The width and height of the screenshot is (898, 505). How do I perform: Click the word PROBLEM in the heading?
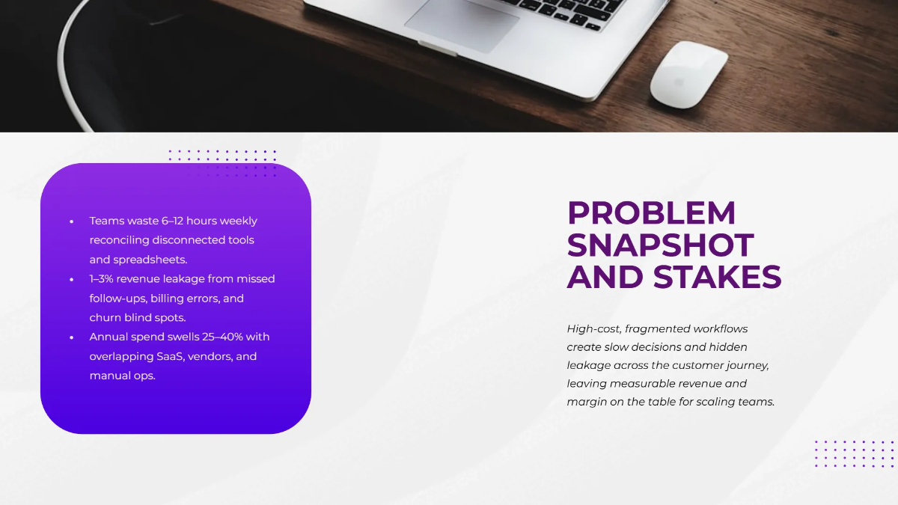pos(651,213)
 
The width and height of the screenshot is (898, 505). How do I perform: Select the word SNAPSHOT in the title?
pos(660,245)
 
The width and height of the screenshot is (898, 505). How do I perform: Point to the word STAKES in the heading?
pos(718,278)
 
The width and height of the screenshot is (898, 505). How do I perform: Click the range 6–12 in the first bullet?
pos(172,221)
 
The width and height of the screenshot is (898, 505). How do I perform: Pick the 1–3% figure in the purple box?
pos(103,279)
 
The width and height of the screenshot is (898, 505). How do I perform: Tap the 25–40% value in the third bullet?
pos(224,337)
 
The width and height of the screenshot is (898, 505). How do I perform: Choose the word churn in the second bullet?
pos(106,317)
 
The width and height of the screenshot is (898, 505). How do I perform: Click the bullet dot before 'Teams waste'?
pos(72,221)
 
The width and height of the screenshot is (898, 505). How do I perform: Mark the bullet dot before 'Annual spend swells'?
pos(72,337)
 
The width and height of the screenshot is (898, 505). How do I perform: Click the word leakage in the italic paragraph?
pos(588,365)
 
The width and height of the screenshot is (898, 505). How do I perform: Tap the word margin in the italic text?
pos(587,402)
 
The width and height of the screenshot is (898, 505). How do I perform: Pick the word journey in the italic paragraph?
pos(745,365)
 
